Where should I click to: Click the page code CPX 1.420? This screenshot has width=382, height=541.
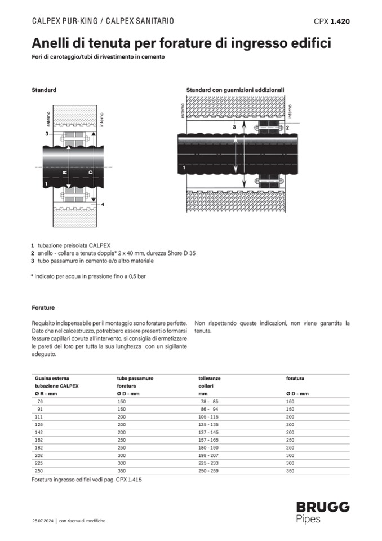332,21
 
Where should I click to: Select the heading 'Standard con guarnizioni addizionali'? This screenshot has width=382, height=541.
235,90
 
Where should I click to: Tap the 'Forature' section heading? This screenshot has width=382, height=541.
43,308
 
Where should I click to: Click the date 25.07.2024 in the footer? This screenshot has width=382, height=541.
42,521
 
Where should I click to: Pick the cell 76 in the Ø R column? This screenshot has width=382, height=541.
40,401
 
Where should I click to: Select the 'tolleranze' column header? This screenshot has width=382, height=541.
209,378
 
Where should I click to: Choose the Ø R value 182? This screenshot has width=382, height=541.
40,447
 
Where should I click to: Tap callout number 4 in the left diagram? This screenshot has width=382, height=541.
103,204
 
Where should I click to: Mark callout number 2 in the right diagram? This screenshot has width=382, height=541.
288,128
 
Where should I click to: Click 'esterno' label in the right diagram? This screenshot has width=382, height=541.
182,111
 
